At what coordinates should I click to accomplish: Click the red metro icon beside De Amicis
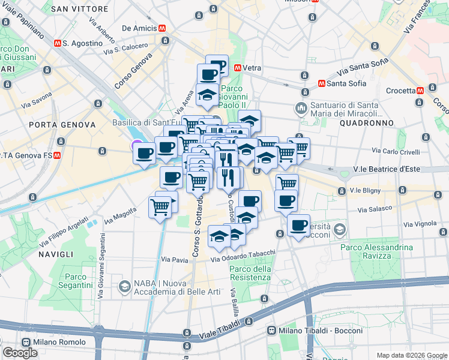[x=162, y=28]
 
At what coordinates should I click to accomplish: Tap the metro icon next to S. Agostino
[x=57, y=44]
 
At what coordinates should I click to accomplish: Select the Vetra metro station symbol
[x=238, y=68]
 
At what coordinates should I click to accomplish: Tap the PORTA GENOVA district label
[x=62, y=124]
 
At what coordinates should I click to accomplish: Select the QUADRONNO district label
[x=366, y=122]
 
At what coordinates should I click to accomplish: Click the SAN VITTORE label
[x=80, y=9]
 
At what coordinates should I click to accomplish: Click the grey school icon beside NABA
[x=125, y=286]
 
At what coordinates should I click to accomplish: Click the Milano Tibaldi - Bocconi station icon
[x=272, y=331]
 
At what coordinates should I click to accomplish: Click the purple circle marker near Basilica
[x=137, y=145]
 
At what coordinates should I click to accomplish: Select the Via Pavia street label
[x=174, y=260]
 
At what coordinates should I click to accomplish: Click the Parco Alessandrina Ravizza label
[x=376, y=252]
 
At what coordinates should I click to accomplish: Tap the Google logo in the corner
[x=20, y=353]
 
